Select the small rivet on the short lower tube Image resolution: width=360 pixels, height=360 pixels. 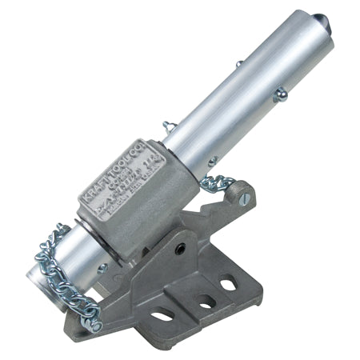[102, 270]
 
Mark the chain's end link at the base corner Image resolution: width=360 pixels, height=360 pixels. [93, 323]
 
